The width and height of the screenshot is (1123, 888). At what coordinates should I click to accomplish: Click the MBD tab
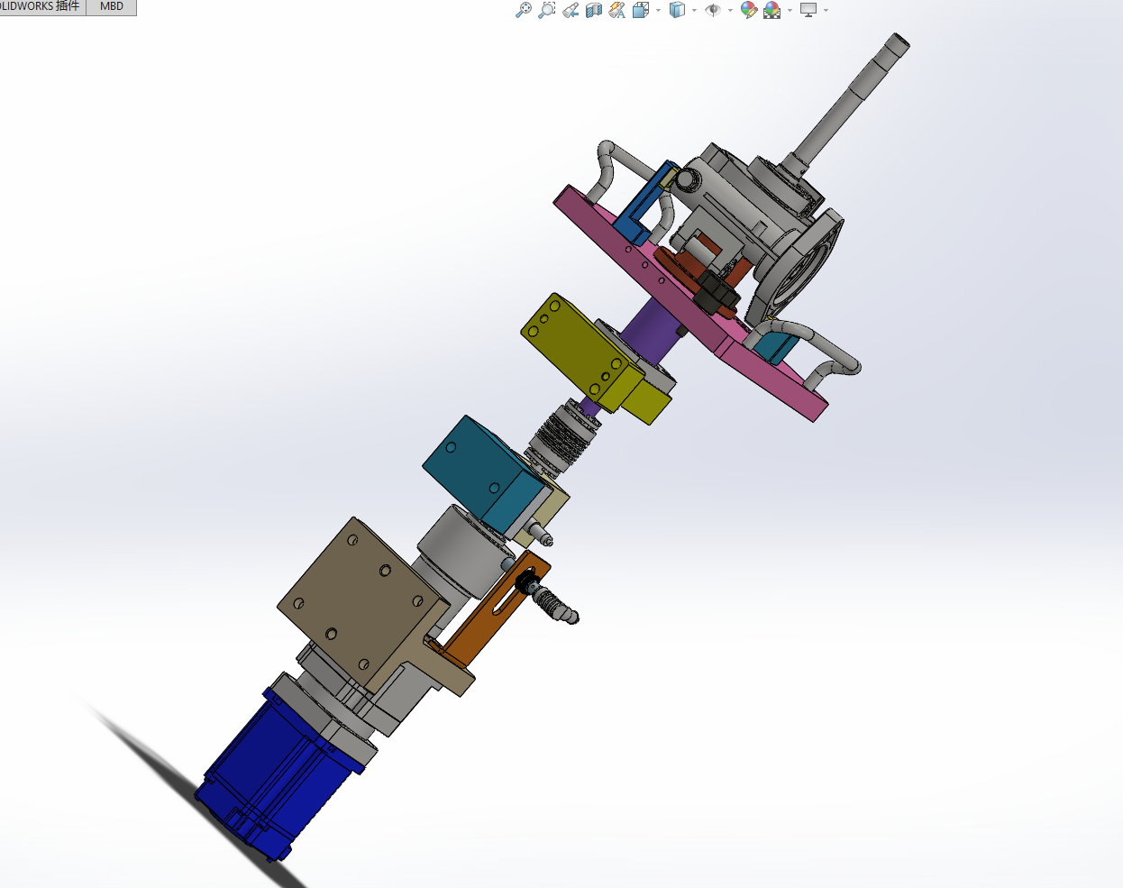(111, 7)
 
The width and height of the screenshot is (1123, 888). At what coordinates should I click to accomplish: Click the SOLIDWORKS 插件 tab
(41, 7)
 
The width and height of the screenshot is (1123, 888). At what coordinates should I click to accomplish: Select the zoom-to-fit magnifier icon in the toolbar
(523, 10)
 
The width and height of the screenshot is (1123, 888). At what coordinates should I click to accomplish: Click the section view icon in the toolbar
(594, 10)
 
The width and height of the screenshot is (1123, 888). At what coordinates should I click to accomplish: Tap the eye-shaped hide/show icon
(713, 10)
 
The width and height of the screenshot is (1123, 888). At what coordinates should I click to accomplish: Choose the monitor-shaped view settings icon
(808, 10)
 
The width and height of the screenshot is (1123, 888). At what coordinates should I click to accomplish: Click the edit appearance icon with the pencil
(749, 10)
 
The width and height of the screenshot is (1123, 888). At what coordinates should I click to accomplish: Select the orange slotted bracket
(493, 611)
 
